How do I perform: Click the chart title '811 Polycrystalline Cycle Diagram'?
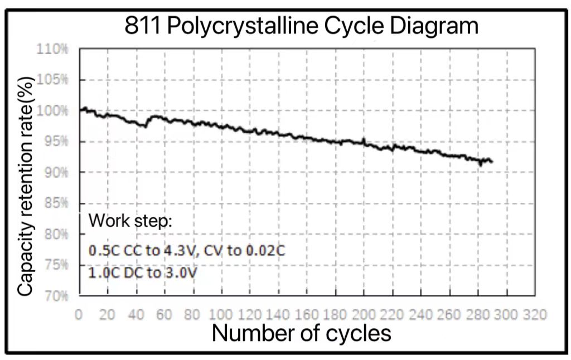(302, 26)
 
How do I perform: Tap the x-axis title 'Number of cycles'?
(301, 333)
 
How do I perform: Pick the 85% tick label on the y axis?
(54, 203)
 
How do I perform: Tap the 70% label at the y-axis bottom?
(54, 295)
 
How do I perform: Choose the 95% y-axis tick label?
(54, 142)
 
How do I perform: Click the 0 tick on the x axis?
(79, 314)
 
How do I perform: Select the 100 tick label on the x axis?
(221, 314)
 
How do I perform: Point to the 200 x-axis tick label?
(364, 314)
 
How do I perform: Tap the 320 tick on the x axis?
(534, 314)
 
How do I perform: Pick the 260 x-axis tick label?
(449, 314)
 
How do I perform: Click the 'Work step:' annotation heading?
(131, 221)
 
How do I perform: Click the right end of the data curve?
(492, 162)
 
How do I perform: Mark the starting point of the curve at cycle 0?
(80, 110)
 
